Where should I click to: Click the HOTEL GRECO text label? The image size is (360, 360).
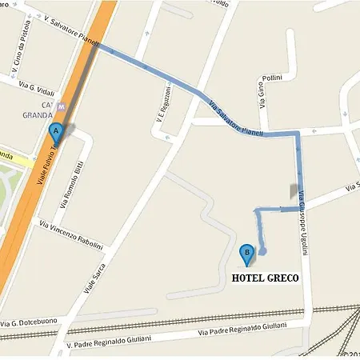click(265, 278)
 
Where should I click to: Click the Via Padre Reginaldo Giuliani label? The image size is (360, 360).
click(241, 330)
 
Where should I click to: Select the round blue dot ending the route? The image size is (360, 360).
click(262, 251)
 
